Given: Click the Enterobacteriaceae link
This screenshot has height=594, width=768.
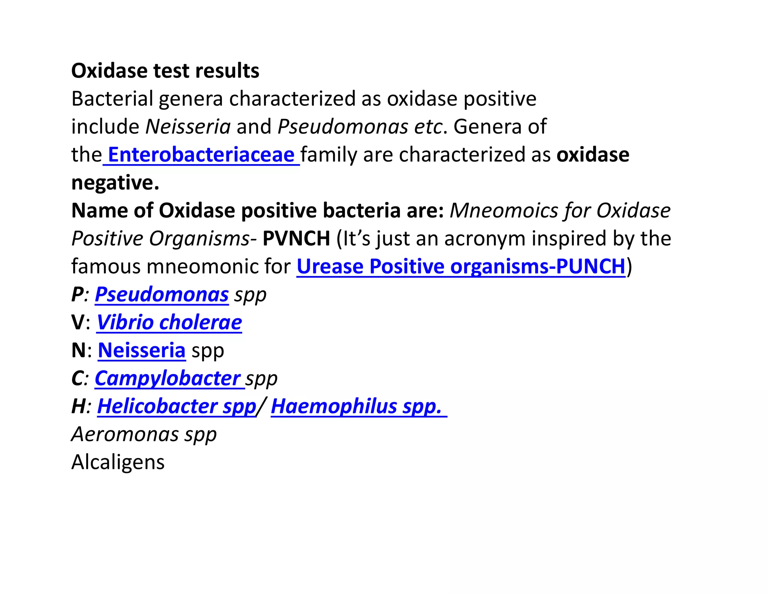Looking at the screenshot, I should tap(201, 155).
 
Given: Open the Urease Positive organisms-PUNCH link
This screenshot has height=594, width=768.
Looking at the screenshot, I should tap(461, 267).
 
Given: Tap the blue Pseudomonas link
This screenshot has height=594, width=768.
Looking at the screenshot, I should tap(162, 294).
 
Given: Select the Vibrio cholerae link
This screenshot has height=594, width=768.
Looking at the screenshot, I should tap(169, 323).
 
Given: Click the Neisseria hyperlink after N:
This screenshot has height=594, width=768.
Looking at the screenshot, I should tap(142, 350).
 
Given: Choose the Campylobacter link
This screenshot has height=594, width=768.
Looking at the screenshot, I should tap(168, 378).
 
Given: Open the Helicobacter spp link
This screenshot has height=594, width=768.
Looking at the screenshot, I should tap(177, 406).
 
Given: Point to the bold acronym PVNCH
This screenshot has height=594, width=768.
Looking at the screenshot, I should tap(296, 238).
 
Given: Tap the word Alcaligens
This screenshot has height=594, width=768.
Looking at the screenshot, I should tap(118, 462).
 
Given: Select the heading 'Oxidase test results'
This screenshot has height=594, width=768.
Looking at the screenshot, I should tap(165, 71).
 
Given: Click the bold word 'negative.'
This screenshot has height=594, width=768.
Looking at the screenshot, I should tap(115, 182).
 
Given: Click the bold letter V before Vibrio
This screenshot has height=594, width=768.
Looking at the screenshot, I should tap(78, 323).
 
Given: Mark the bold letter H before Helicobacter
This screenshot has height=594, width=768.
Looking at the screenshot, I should tap(78, 406).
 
